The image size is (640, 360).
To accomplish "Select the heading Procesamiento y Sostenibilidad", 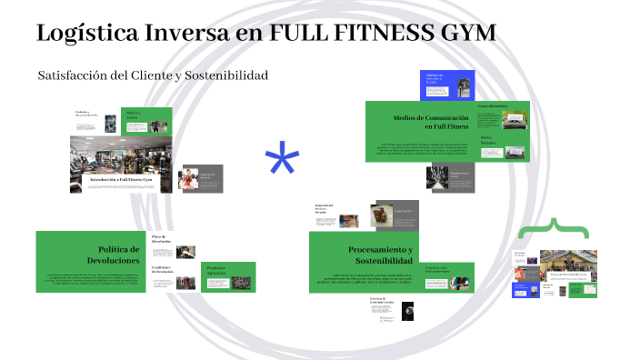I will (380, 255).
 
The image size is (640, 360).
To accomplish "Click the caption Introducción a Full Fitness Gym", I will (121, 180).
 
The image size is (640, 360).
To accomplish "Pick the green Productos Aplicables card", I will (215, 267).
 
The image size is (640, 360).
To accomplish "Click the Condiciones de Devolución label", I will (163, 269).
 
